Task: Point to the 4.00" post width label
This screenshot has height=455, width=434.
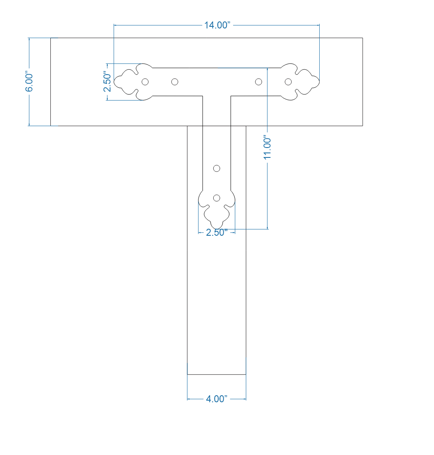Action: coord(217,399)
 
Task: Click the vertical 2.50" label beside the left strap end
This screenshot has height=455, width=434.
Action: coord(107,82)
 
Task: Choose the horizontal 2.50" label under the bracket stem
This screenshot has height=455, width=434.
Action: coord(217,232)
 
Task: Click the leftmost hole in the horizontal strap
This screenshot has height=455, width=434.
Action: coord(145,82)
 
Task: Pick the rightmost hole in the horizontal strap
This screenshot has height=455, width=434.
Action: coord(288,82)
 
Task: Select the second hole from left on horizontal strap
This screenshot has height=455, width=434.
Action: coord(175,82)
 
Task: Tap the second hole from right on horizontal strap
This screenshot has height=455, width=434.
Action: coord(258,82)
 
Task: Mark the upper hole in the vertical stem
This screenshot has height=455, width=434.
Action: coord(217,168)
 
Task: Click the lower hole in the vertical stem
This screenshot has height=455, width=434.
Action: coord(217,198)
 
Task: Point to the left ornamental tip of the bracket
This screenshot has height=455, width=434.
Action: coord(115,82)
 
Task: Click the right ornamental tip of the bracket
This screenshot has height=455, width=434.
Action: coord(318,82)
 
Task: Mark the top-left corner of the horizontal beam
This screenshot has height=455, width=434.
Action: coord(50,38)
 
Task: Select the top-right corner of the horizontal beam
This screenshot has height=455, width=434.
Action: coord(363,38)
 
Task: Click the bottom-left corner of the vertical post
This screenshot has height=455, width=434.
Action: coord(187,374)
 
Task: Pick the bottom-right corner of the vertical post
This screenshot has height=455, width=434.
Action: coord(246,374)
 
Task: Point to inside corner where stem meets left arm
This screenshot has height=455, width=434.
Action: coord(203,96)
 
